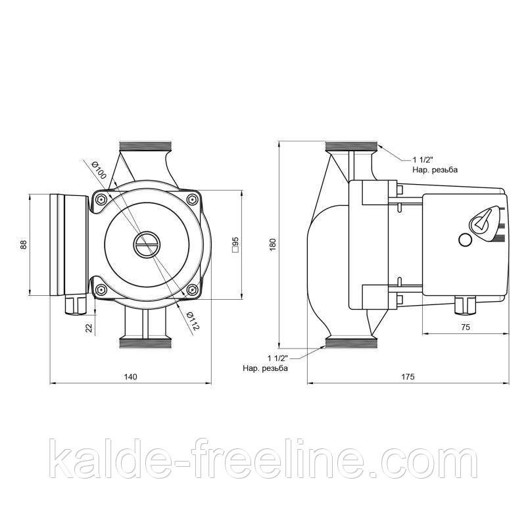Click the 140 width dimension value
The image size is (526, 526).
(130, 377)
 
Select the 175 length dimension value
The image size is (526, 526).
(408, 377)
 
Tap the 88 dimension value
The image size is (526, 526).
(23, 245)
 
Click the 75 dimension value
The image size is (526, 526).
(466, 327)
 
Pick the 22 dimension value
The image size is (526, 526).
(89, 327)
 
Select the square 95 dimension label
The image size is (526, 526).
(235, 244)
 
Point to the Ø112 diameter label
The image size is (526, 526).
(192, 321)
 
